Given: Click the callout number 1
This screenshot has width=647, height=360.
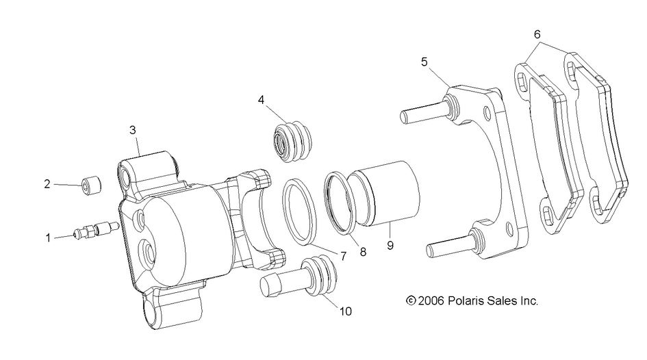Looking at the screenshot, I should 49,238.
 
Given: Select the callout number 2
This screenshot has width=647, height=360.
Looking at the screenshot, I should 47,184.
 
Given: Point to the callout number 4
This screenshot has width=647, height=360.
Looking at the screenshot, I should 262,100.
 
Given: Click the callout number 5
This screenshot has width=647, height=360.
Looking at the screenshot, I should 424,62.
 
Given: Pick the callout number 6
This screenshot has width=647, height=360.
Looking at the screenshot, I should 537,34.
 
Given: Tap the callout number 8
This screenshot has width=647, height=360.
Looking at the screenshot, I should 362,252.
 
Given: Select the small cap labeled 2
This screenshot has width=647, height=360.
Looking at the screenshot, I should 90,185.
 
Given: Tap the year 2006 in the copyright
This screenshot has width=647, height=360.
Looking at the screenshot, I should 432,300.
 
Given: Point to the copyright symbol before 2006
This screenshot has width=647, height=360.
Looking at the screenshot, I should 411,300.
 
